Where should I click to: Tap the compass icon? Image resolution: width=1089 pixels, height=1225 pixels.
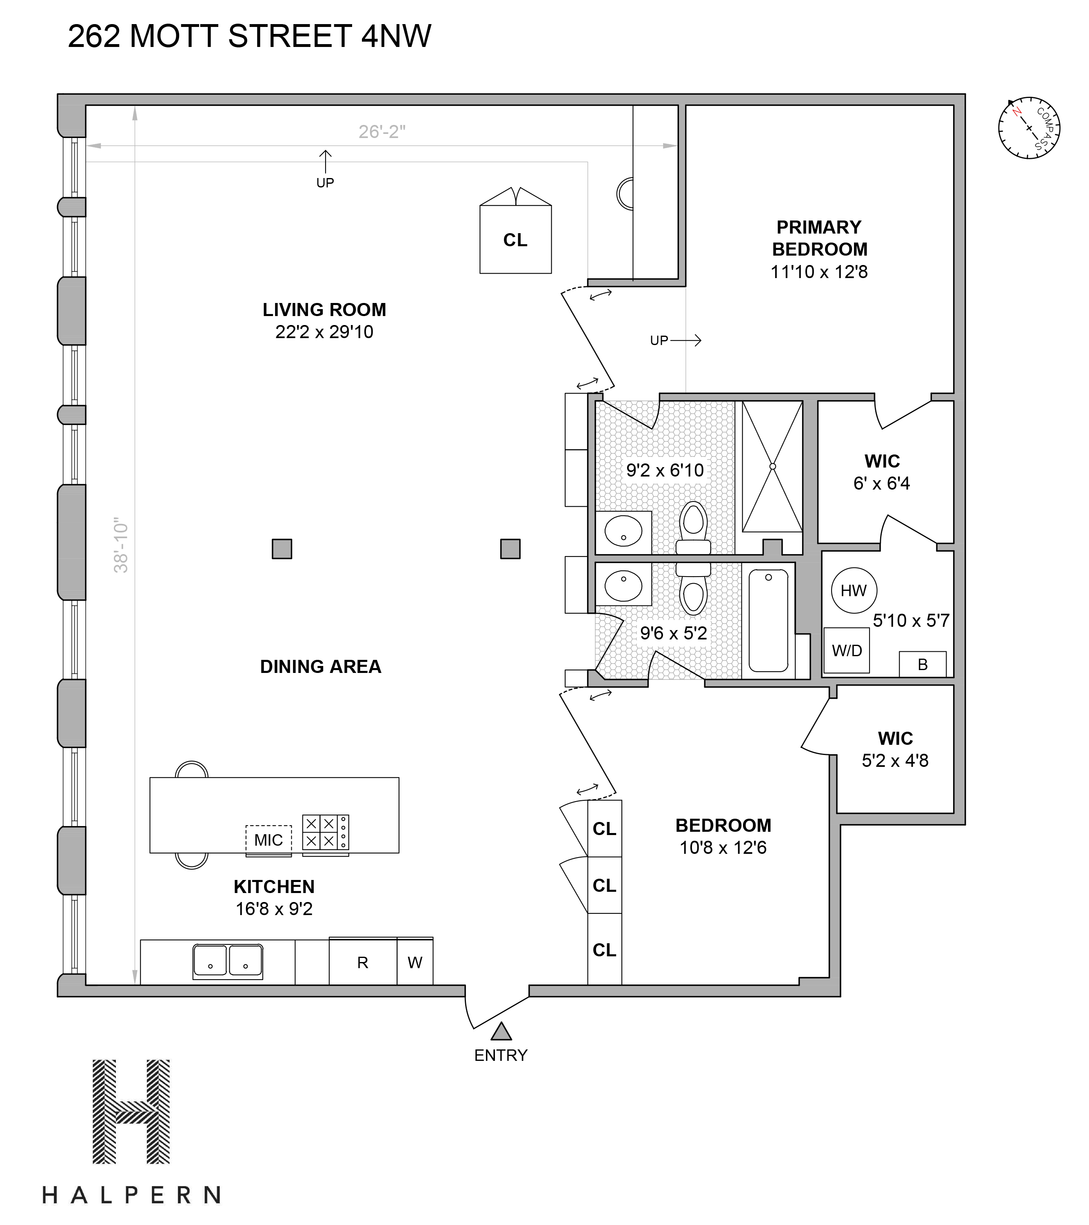pos(1029,128)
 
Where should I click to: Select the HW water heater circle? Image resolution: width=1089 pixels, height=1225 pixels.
pos(854,590)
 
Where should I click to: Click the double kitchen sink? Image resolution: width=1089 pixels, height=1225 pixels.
pos(228,962)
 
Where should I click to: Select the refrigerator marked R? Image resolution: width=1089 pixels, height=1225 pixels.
pos(363,962)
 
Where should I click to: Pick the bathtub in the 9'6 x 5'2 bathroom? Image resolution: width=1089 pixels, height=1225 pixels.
pos(769,620)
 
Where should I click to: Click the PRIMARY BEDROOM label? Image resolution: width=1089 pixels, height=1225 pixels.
pos(819,238)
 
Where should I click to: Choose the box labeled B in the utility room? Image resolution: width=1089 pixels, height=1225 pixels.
pos(923,664)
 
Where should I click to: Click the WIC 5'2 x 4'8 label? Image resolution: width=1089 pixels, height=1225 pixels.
pos(896,749)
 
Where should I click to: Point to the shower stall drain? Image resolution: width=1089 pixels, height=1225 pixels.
pos(773,465)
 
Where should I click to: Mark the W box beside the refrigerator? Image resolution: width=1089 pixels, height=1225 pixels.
pos(415,962)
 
